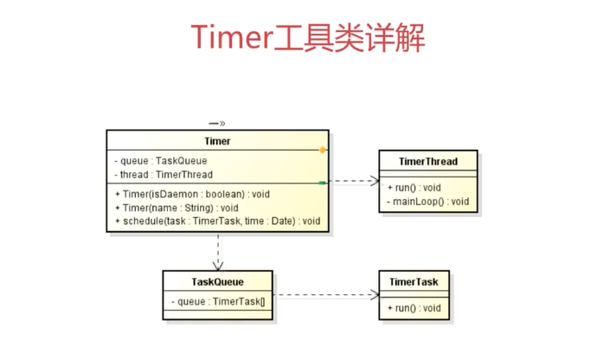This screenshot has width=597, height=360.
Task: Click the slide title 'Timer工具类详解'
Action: pos(308,37)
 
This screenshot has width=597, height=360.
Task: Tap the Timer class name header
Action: pos(217,141)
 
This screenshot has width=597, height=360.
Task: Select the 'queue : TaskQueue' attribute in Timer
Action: pos(161,161)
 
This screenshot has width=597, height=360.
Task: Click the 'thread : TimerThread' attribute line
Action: pos(164,175)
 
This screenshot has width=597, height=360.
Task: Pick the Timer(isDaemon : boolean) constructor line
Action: pos(192,195)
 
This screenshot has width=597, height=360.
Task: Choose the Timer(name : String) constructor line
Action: pos(177,208)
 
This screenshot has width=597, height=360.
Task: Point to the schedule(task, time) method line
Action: pos(218,222)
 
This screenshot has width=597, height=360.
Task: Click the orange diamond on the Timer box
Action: pos(323,150)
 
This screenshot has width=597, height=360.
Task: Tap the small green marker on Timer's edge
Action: pos(322,183)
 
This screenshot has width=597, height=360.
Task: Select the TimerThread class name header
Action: pos(428,162)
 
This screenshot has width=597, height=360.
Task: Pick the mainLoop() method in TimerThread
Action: pos(428,202)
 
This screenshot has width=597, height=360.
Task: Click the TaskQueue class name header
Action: pos(217,282)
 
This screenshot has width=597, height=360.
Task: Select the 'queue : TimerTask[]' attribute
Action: pos(218,302)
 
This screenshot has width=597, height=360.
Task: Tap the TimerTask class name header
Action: pos(414,282)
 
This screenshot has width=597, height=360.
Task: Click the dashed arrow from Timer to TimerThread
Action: pos(355,181)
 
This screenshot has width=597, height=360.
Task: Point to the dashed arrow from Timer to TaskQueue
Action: pos(218,252)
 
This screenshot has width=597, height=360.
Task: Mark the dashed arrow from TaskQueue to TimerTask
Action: pos(326,294)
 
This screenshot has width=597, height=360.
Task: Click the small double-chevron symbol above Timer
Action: pos(217,124)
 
